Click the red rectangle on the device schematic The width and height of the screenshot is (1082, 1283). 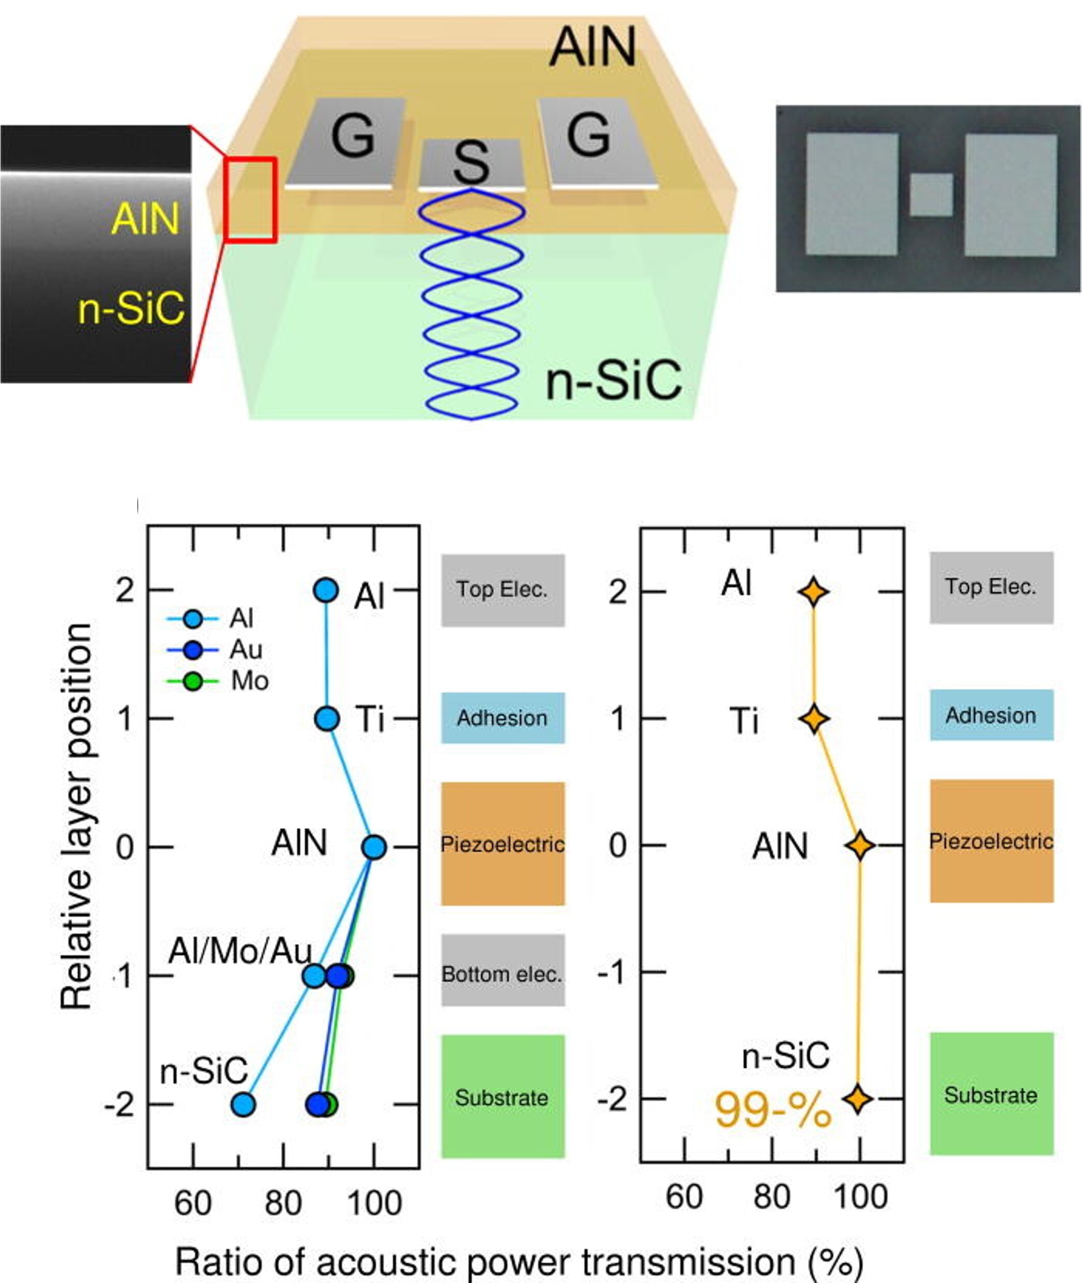[x=250, y=199]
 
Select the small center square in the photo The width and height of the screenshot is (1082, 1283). [x=931, y=194]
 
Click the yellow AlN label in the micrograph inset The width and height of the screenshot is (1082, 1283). [x=146, y=219]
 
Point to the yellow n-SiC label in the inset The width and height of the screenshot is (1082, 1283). [x=131, y=308]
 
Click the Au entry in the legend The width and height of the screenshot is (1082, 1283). [x=246, y=650]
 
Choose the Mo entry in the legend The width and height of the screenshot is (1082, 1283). [x=249, y=681]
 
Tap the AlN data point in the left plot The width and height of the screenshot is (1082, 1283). [x=373, y=847]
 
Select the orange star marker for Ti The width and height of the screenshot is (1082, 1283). [x=814, y=718]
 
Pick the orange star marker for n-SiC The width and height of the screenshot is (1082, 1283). [x=858, y=1099]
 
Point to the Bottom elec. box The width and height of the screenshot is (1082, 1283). [x=502, y=974]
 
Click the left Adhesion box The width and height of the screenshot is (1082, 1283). [x=502, y=717]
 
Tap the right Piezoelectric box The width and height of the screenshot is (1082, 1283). [x=991, y=841]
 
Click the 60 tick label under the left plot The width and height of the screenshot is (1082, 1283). [x=193, y=1203]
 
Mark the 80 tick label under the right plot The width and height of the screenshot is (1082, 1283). [x=772, y=1197]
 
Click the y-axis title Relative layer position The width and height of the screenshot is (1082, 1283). [x=76, y=816]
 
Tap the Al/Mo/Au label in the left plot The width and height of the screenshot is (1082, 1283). [x=240, y=951]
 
